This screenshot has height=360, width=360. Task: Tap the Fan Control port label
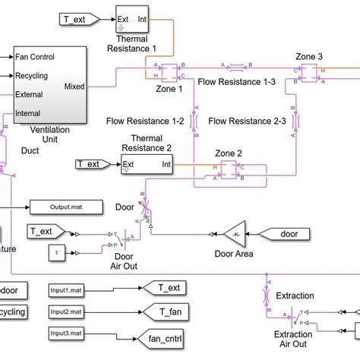point(34,56)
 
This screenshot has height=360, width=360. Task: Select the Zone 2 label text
point(229,153)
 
